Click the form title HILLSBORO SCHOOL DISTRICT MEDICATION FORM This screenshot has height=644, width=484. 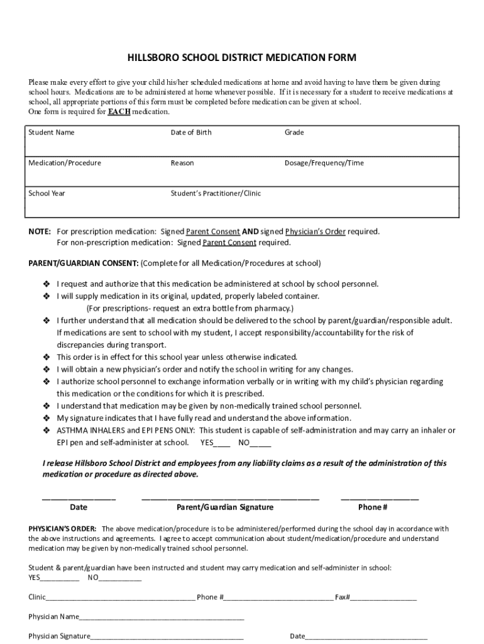tap(242, 58)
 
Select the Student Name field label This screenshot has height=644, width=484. tap(52, 133)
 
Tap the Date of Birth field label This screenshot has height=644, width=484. tap(191, 133)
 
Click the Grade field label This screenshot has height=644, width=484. tap(294, 133)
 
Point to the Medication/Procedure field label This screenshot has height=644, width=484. tap(65, 163)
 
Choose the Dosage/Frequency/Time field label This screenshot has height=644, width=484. tap(324, 163)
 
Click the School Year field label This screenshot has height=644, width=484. tap(47, 193)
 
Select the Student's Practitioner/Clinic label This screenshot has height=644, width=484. tap(216, 193)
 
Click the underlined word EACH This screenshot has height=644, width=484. tap(119, 111)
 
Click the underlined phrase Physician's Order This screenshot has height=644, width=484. tap(315, 231)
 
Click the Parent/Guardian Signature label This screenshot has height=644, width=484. tap(224, 507)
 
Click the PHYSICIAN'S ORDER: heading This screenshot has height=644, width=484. tap(62, 529)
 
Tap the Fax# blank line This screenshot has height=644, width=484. tap(383, 597)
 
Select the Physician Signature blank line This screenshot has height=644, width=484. tap(167, 636)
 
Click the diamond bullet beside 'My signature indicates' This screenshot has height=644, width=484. tap(46, 418)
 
